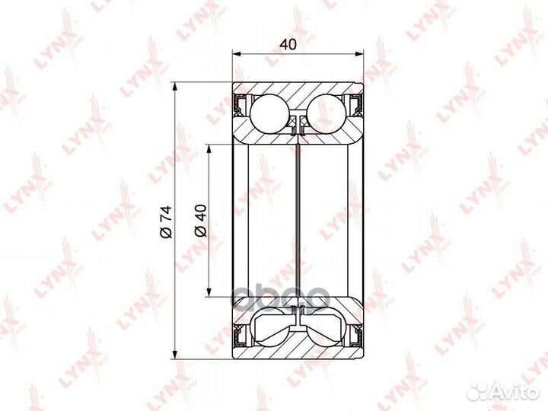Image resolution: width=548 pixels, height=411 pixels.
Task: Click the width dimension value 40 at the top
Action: coord(288,44)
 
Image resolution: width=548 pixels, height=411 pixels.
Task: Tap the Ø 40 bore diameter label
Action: coord(199,219)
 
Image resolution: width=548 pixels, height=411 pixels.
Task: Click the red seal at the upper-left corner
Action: coord(240,104)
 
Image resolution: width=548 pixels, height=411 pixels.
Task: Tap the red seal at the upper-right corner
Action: coord(355,104)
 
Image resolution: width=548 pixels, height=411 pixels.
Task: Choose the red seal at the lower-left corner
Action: coord(240,335)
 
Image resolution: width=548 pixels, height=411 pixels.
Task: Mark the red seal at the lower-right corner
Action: coord(355,335)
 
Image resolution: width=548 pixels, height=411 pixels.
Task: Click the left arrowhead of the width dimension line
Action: coord(236,54)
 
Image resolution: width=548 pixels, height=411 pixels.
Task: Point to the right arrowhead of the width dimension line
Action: coord(359,54)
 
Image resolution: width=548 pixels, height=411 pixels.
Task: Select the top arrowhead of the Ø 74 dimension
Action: coord(176,85)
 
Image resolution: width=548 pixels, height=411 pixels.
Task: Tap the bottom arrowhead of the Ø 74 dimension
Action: coord(176,355)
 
